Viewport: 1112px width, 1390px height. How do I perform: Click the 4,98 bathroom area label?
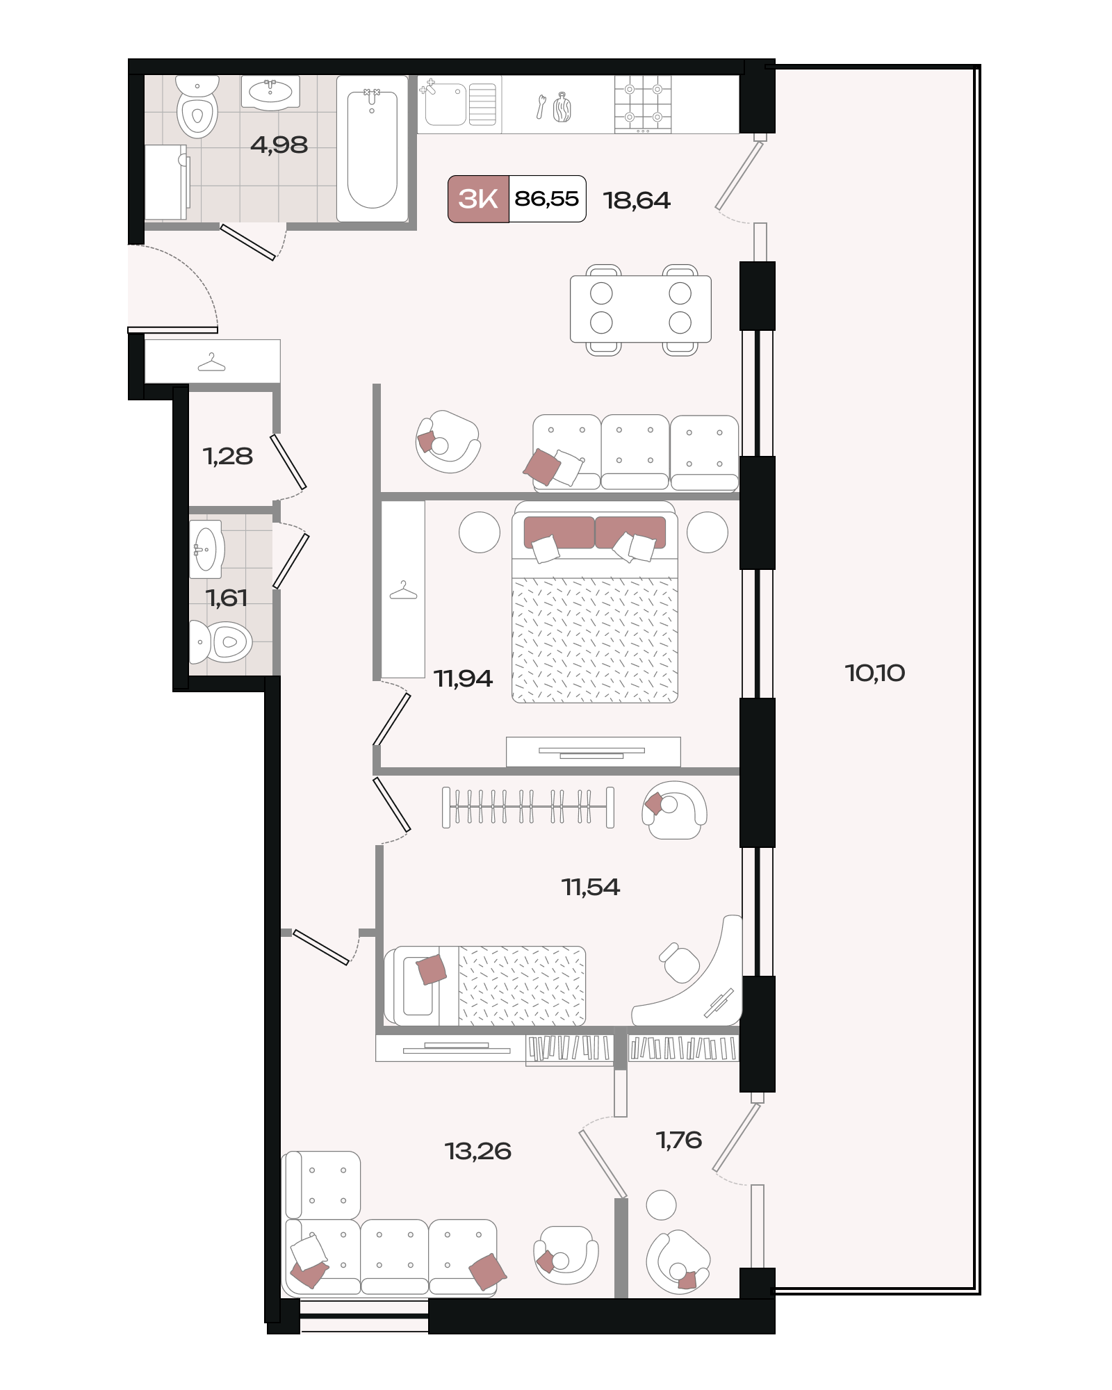pyautogui.click(x=279, y=145)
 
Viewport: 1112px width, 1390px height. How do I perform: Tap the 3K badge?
pyautogui.click(x=478, y=199)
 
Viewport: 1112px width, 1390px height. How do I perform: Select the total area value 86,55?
pyautogui.click(x=546, y=199)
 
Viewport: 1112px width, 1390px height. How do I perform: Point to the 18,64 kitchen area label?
pyautogui.click(x=637, y=200)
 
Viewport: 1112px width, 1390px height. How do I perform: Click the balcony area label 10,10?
pyautogui.click(x=874, y=673)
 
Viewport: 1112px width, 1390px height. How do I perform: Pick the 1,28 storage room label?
pyautogui.click(x=227, y=456)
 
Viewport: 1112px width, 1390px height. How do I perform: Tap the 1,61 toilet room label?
pyautogui.click(x=227, y=598)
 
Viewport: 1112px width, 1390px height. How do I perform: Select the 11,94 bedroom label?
pyautogui.click(x=463, y=678)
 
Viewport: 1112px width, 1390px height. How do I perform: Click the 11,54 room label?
pyautogui.click(x=590, y=887)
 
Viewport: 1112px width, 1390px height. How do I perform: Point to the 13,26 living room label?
pyautogui.click(x=478, y=1151)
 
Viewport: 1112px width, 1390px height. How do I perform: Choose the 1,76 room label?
pyautogui.click(x=679, y=1140)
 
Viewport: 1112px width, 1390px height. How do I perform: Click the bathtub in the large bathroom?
pyautogui.click(x=372, y=149)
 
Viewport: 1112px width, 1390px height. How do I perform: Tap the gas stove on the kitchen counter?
pyautogui.click(x=643, y=104)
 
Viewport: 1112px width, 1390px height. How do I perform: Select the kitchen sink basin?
pyautogui.click(x=445, y=104)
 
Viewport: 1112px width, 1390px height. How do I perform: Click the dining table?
pyautogui.click(x=641, y=309)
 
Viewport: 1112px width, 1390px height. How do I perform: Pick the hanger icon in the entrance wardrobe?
pyautogui.click(x=211, y=363)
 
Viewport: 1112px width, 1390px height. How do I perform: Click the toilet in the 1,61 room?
pyautogui.click(x=220, y=641)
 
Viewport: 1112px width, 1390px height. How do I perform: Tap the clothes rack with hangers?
pyautogui.click(x=528, y=807)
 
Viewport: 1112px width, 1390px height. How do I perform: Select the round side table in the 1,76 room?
pyautogui.click(x=661, y=1205)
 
